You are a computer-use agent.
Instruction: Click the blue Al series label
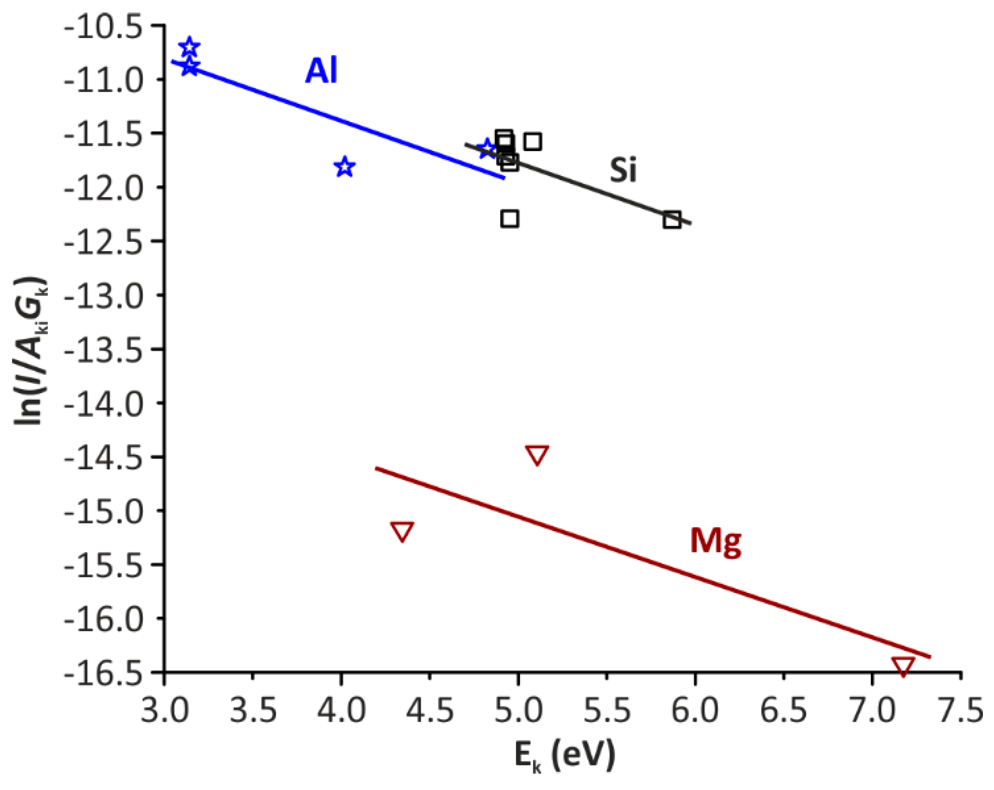(321, 71)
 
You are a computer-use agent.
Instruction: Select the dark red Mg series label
(715, 541)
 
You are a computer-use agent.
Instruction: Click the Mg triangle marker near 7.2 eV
(903, 666)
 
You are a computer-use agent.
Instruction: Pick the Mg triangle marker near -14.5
(537, 454)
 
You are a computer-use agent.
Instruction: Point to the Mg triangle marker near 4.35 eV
(402, 531)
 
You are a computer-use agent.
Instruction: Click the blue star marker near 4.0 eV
(345, 167)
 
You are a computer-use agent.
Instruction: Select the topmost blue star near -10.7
(189, 47)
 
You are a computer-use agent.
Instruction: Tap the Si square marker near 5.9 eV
(672, 220)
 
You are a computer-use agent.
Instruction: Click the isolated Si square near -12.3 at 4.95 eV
(510, 219)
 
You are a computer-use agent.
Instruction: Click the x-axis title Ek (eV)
(564, 756)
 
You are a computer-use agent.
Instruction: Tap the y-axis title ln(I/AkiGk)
(30, 351)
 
